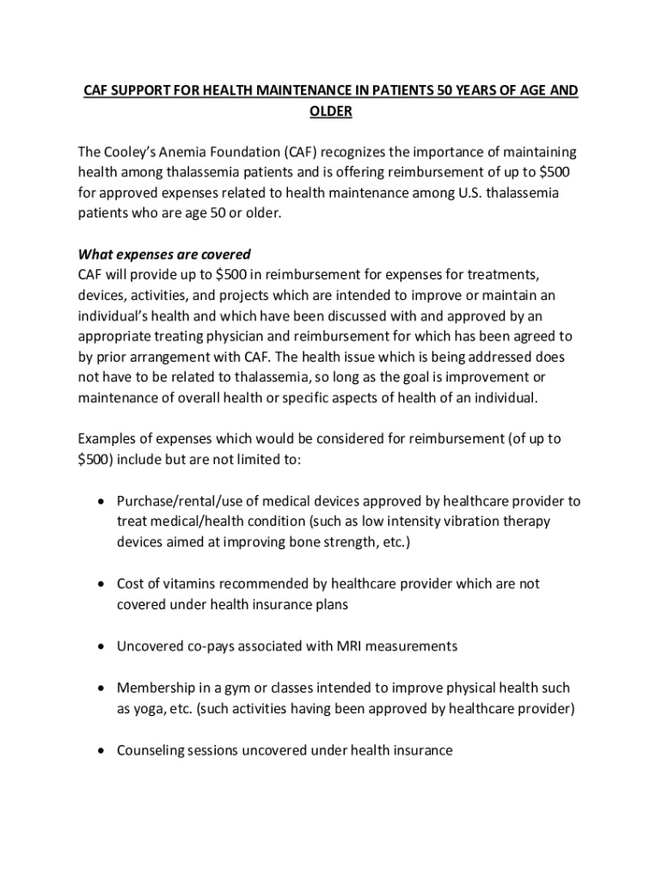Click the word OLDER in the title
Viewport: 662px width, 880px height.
[x=331, y=112]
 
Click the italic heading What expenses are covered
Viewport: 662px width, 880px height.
[x=164, y=254]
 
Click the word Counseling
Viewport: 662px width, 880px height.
[x=150, y=750]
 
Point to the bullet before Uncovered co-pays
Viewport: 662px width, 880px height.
[x=102, y=646]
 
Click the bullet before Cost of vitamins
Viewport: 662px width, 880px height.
[x=102, y=584]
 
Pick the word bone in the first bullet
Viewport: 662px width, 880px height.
[x=306, y=542]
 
